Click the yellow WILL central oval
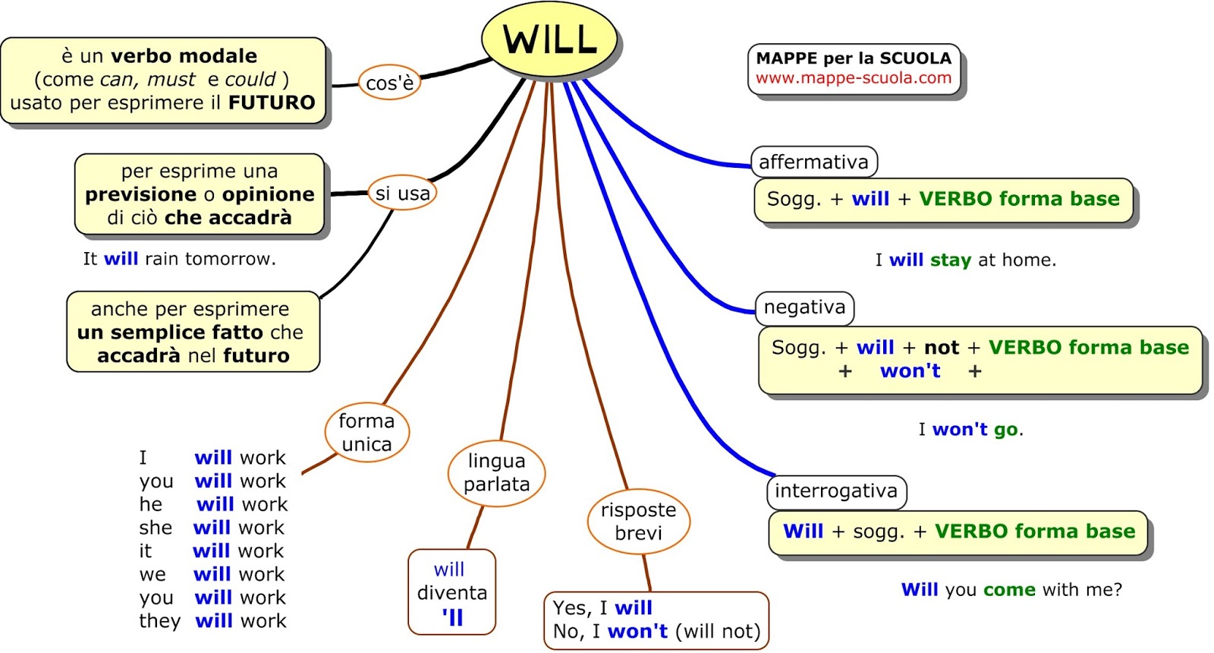click(x=550, y=39)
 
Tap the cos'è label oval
click(x=389, y=83)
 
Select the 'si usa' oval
click(x=402, y=193)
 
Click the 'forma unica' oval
click(x=366, y=432)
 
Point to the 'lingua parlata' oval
click(x=496, y=472)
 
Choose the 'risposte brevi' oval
click(x=638, y=521)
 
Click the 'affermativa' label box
click(x=813, y=162)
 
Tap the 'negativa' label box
click(x=804, y=308)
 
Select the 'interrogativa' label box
click(x=835, y=491)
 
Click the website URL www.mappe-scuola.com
click(x=854, y=78)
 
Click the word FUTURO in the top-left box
click(x=272, y=103)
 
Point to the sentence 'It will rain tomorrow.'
click(x=179, y=259)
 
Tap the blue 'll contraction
click(x=452, y=617)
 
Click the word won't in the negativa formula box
click(x=910, y=371)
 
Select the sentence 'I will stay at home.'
click(x=965, y=260)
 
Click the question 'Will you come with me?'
click(x=1011, y=590)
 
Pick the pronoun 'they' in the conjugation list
click(x=159, y=621)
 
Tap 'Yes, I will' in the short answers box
click(x=602, y=607)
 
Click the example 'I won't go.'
click(x=970, y=430)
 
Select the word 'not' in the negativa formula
click(x=942, y=348)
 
